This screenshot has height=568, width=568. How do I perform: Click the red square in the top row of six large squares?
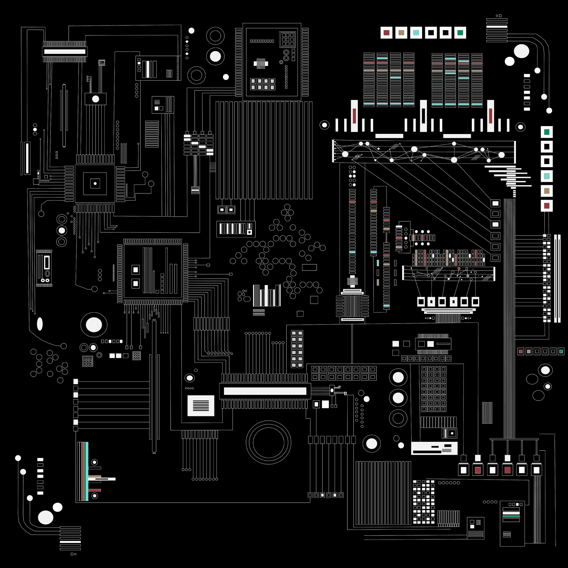click(x=386, y=33)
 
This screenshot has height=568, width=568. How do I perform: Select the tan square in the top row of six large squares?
click(x=401, y=33)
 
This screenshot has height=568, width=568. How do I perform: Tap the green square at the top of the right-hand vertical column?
click(x=547, y=132)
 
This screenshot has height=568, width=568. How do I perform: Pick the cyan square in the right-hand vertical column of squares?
click(x=547, y=176)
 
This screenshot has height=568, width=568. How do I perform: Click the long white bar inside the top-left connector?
click(x=65, y=51)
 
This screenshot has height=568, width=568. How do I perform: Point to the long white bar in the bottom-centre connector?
click(x=265, y=391)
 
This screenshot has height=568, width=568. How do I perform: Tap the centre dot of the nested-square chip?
click(x=95, y=183)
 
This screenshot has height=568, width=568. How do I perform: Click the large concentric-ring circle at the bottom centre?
click(x=268, y=442)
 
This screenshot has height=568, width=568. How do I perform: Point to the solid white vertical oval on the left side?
click(x=40, y=324)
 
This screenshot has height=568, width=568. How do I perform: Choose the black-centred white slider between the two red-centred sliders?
click(x=423, y=116)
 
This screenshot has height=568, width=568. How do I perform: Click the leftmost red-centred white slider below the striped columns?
click(x=354, y=116)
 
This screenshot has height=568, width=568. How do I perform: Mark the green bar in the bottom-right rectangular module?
click(x=511, y=516)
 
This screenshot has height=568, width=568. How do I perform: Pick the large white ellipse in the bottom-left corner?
click(x=46, y=517)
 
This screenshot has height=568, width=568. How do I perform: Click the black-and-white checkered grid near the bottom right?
click(x=423, y=502)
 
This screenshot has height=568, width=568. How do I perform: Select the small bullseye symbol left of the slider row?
click(x=324, y=125)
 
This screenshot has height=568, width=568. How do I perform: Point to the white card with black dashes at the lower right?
click(x=434, y=448)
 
